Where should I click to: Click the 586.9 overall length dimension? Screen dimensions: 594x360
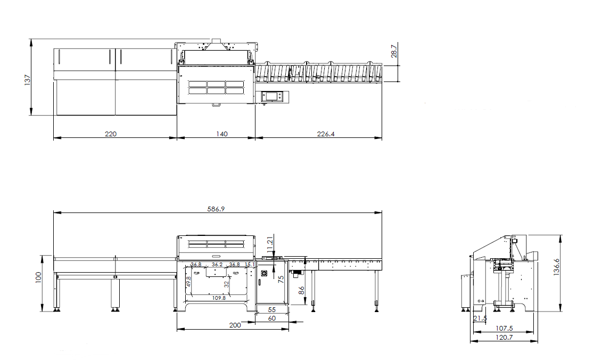[x=216, y=209]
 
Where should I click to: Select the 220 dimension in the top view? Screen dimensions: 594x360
[x=111, y=134]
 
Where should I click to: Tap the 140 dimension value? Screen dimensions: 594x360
[x=222, y=134]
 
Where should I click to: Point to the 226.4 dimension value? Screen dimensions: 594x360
[x=326, y=134]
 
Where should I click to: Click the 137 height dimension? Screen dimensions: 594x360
[x=27, y=80]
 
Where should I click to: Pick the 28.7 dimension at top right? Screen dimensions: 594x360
[x=394, y=51]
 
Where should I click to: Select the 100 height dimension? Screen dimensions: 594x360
[x=39, y=278]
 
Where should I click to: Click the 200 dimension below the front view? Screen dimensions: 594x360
[x=235, y=325]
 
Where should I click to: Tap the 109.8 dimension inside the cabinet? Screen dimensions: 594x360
[x=219, y=298]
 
